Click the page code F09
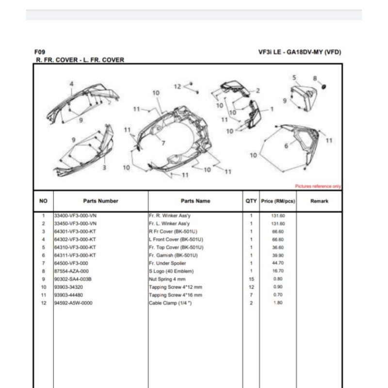tap(40, 52)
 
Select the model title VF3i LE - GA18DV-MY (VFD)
tap(300, 52)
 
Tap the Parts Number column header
tap(100, 201)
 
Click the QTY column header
tap(251, 201)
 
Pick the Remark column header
tap(319, 201)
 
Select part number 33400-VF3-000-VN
tap(75, 215)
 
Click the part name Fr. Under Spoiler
tap(167, 263)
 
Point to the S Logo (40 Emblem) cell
tap(171, 271)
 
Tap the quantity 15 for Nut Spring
tap(251, 279)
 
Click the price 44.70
tap(278, 263)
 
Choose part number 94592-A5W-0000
tap(73, 303)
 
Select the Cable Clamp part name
tap(170, 303)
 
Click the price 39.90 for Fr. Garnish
tap(278, 255)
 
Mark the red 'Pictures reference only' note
tap(318, 186)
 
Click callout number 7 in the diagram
tap(163, 143)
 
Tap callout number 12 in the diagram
tap(178, 87)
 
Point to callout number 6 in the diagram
tap(286, 146)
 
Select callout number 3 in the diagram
tap(104, 167)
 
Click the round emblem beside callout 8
tap(323, 87)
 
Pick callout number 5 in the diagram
tap(294, 78)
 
